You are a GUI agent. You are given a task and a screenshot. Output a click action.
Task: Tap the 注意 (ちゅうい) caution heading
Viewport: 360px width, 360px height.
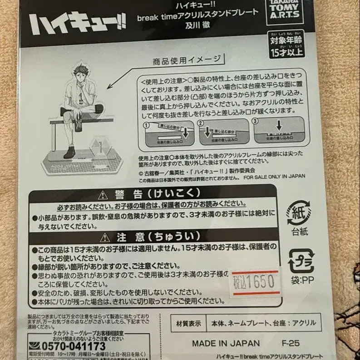[153, 237]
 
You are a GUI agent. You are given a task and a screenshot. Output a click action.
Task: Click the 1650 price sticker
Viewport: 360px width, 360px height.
[255, 282]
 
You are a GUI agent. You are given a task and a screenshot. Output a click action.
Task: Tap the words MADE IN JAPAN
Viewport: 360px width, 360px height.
[226, 343]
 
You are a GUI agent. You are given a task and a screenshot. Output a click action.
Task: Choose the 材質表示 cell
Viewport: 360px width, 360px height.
[189, 324]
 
